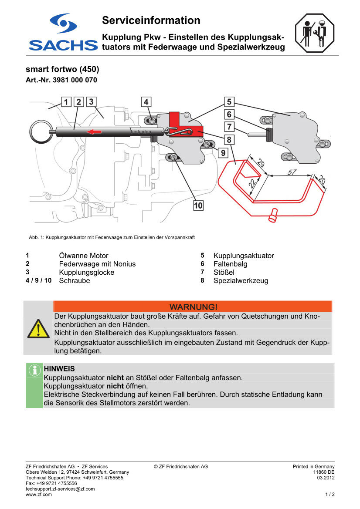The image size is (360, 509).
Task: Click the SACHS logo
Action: click(x=63, y=33)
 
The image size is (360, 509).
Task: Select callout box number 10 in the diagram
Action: click(x=198, y=205)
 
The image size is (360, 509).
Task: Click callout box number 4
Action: click(x=146, y=102)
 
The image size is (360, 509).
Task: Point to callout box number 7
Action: click(x=229, y=127)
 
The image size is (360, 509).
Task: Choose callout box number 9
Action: click(x=222, y=153)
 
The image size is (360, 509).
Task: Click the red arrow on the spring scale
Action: click(x=95, y=131)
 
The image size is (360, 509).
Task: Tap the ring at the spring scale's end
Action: click(x=41, y=131)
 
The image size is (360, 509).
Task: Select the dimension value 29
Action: click(x=260, y=164)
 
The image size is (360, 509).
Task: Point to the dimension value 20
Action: click(x=321, y=179)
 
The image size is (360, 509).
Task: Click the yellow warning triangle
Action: click(x=38, y=329)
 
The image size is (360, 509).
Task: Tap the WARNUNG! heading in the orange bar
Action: click(x=193, y=307)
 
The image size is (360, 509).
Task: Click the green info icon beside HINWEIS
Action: click(x=34, y=371)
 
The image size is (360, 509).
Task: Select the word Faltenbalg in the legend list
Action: click(x=230, y=264)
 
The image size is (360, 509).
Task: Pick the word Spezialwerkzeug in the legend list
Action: click(x=241, y=281)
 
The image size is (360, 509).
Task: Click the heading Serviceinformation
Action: click(x=151, y=20)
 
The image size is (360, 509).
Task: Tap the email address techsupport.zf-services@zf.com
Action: click(x=60, y=489)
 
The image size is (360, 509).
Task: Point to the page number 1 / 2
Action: click(x=329, y=495)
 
